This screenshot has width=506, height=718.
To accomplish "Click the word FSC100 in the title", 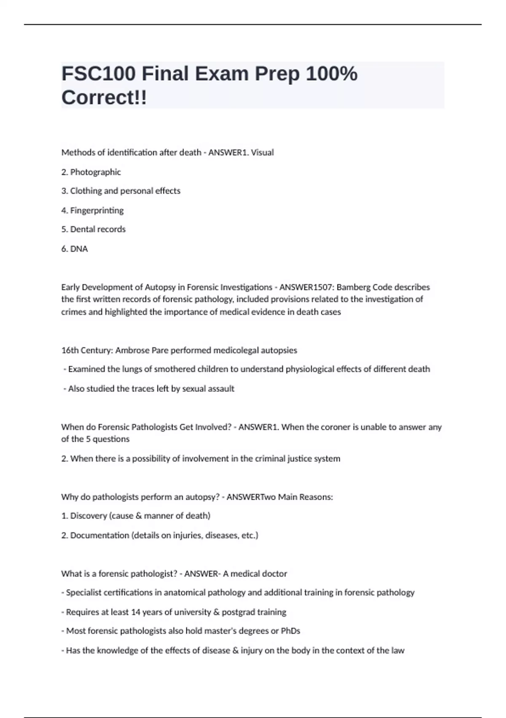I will click(99, 74).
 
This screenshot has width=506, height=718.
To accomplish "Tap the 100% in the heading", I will click(331, 74).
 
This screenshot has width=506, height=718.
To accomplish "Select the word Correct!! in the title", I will click(104, 98).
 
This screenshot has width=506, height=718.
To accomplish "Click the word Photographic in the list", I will click(95, 172).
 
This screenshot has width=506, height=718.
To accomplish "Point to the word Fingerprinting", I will click(97, 210).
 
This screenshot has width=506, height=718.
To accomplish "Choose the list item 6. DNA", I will click(75, 249).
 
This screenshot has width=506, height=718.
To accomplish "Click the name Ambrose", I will click(132, 350).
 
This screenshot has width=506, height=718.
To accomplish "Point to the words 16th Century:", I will click(87, 350).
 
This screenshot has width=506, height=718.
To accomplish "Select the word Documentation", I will click(100, 535).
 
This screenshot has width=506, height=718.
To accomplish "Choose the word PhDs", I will click(291, 631).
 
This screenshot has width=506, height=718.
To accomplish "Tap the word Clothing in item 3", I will click(86, 191).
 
